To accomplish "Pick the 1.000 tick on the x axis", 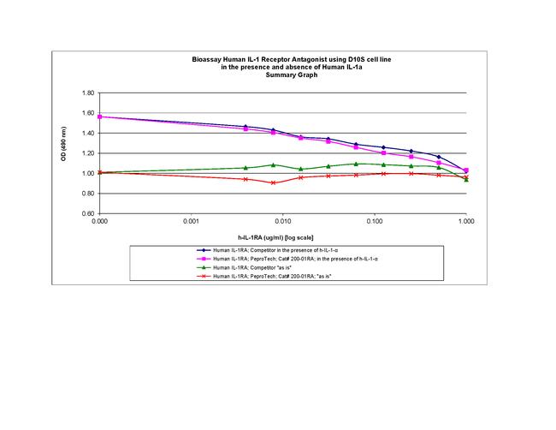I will click(465, 221).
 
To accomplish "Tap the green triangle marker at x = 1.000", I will click(465, 179).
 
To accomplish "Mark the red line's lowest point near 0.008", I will click(273, 182).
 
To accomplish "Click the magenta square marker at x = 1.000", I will click(465, 170).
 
